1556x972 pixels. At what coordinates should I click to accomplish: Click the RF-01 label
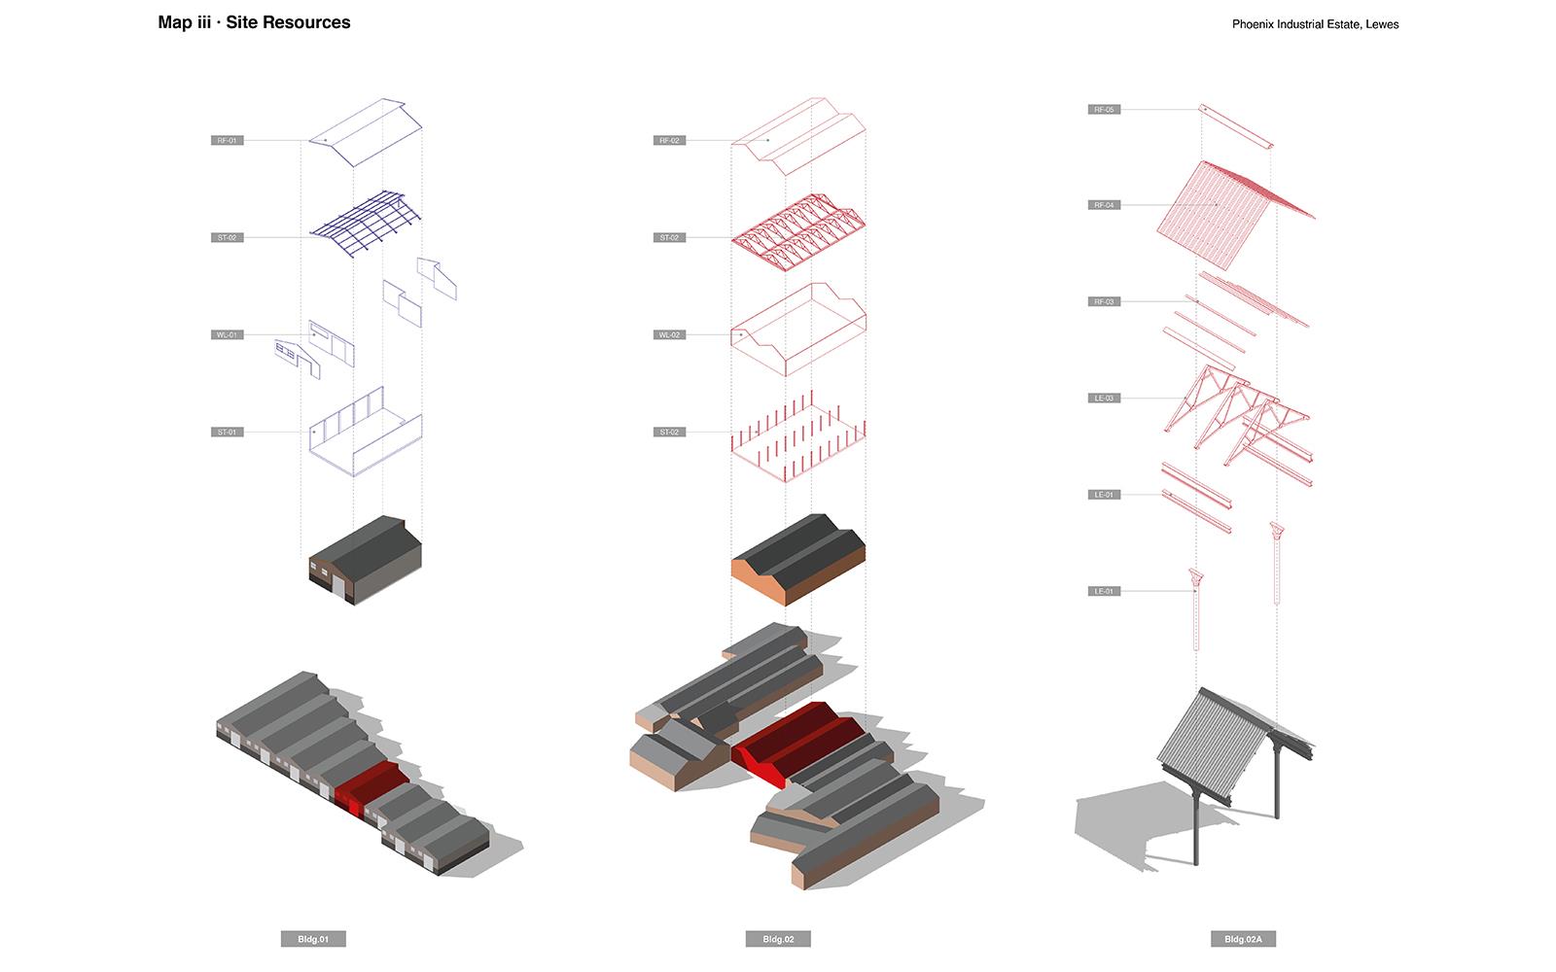(227, 141)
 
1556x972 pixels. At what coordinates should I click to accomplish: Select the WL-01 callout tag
(227, 335)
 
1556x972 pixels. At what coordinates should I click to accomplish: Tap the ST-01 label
(227, 432)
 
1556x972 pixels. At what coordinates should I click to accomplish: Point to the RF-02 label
(669, 141)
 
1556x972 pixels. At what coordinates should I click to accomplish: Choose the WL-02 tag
(669, 335)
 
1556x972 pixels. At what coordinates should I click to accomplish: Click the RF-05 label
(1104, 110)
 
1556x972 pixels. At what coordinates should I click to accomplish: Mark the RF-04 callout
(1104, 205)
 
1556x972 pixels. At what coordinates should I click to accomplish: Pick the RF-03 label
(1104, 301)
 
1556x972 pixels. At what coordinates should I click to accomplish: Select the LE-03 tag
(1104, 398)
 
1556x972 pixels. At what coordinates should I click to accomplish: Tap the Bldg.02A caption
(1243, 939)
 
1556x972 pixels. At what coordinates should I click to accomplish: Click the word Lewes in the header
(1382, 24)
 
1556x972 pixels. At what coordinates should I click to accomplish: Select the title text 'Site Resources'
(288, 22)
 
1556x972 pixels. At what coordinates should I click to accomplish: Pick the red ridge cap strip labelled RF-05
(1236, 127)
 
